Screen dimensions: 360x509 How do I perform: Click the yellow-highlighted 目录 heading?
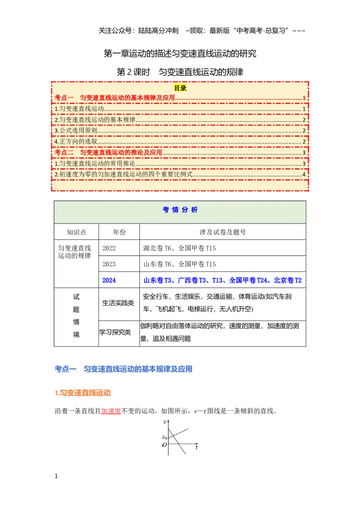[x=180, y=88]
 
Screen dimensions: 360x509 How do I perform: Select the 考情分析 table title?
[x=180, y=210]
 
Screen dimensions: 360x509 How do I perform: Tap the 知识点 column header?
[x=76, y=232]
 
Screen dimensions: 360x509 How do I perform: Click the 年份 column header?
[x=119, y=232]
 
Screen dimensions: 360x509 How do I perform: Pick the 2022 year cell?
[x=109, y=248]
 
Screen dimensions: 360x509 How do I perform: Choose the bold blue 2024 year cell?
[x=109, y=280]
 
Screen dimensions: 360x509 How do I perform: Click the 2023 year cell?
[x=109, y=264]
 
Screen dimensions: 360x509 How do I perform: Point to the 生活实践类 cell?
[x=118, y=303]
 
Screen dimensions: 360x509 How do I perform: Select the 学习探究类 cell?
[x=115, y=332]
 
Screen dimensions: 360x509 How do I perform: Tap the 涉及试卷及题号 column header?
[x=223, y=232]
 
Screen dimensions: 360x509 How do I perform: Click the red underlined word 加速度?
[x=111, y=411]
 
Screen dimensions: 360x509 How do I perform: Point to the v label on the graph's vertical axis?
[x=165, y=422]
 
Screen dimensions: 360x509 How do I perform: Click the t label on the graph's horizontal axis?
[x=197, y=447]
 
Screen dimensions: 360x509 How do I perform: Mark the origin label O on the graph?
[x=164, y=445]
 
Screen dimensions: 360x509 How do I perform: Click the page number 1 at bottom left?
[x=56, y=476]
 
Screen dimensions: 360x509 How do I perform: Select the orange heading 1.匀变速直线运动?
[x=83, y=393]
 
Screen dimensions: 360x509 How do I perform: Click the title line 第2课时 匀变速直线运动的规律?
[x=180, y=72]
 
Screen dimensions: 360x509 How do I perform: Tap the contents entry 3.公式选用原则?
[x=76, y=130]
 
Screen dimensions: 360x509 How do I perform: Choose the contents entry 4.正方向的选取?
[x=76, y=142]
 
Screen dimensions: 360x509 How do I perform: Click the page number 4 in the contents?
[x=304, y=174]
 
